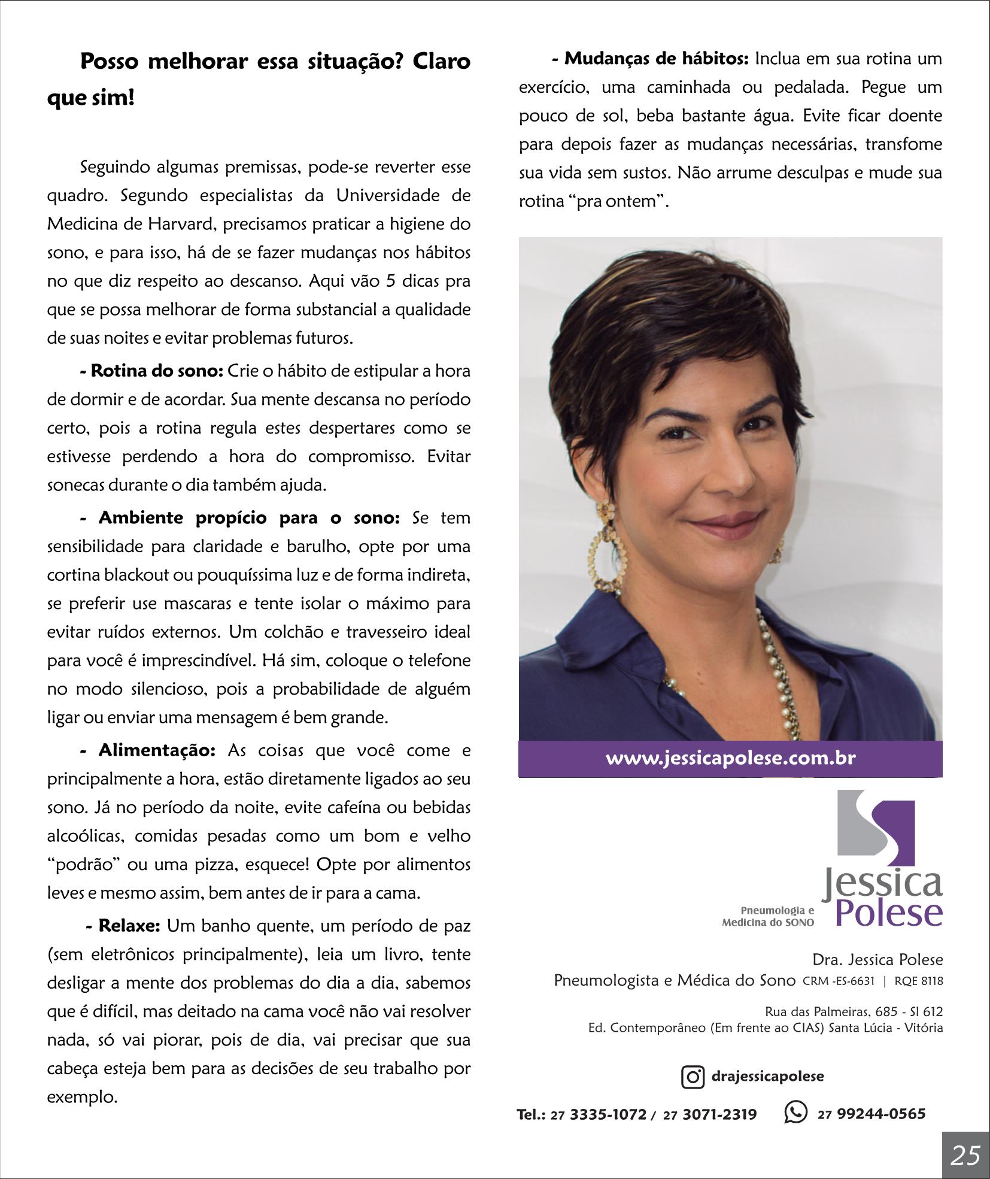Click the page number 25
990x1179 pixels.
point(965,1155)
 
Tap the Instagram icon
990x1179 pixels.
point(693,1077)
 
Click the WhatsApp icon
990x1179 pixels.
point(795,1113)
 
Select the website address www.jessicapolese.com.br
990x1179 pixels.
point(730,758)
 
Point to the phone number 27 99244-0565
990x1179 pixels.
point(871,1114)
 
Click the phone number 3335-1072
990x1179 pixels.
point(608,1114)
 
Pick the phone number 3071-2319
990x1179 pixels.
point(719,1114)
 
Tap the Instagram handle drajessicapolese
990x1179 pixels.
point(767,1076)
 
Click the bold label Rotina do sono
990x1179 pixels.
point(157,371)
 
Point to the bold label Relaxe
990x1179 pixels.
point(129,926)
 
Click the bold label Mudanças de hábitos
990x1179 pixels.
point(656,59)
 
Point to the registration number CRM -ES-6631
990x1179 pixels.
point(839,981)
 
